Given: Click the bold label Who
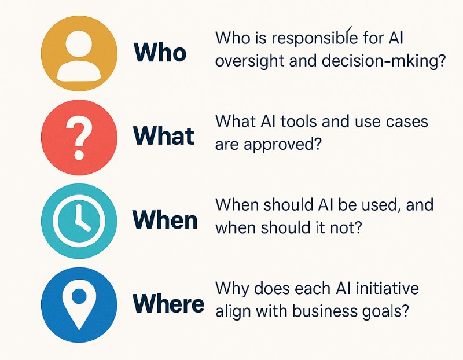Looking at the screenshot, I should [160, 53].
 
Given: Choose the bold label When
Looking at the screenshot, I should [165, 221].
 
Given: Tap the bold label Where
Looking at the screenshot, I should [168, 303].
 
